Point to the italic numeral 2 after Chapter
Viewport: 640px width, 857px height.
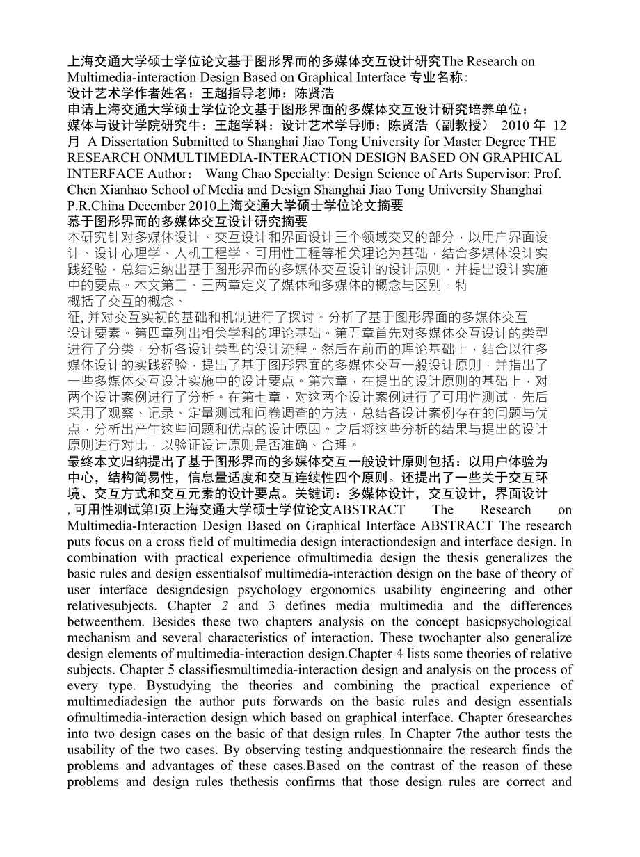225,605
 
